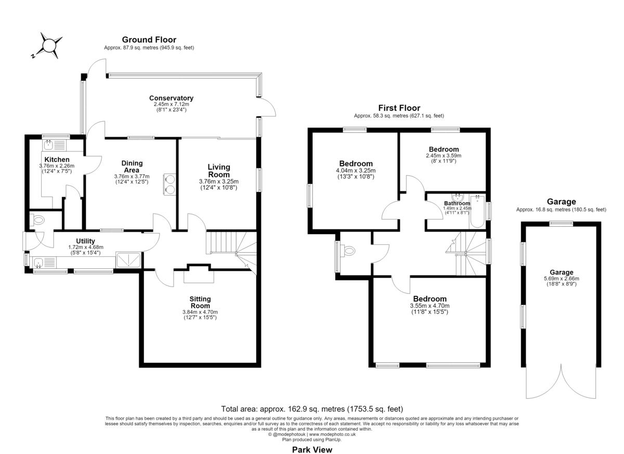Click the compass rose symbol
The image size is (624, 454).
coord(50,45)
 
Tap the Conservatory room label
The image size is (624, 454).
coord(171,98)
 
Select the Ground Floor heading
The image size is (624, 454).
coord(149,40)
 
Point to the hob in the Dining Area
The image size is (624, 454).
coord(170,184)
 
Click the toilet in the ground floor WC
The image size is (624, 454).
coord(37,220)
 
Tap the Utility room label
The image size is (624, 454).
coord(85,241)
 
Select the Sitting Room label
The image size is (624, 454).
coord(200,302)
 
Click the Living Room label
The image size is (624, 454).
coord(219,171)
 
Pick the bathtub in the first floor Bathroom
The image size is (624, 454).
coord(477,212)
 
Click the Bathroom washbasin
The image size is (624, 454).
coord(458,198)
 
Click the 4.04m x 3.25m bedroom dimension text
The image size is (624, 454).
coord(356,171)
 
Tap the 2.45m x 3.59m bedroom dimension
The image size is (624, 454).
coord(444,155)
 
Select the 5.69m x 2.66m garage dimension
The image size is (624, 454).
coord(561,278)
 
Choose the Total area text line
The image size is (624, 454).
coord(312,409)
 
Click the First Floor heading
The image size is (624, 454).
coord(399,108)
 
